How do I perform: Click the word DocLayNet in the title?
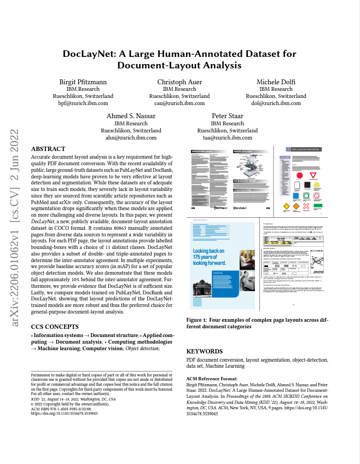click(x=89, y=54)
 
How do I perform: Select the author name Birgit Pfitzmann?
click(x=83, y=82)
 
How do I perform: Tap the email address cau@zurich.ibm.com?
click(x=179, y=103)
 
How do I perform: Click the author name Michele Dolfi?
click(x=276, y=82)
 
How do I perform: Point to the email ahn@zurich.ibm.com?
click(x=131, y=138)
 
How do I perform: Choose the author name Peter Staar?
click(x=227, y=117)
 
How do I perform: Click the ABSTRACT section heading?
click(x=48, y=149)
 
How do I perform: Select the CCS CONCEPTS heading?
click(x=55, y=327)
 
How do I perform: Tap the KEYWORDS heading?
click(x=204, y=351)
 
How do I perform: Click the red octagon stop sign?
click(x=299, y=176)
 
